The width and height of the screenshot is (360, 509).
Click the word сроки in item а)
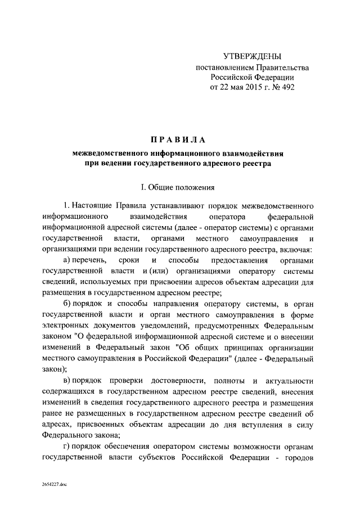(x=130, y=262)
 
